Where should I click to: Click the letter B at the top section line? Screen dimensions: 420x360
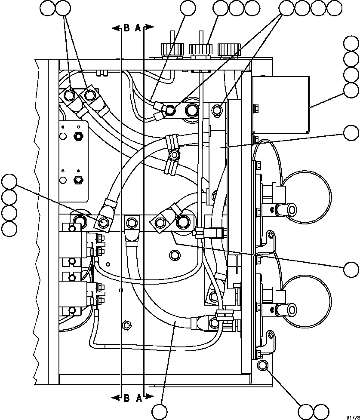pos(127,28)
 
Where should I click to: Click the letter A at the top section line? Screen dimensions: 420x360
pos(138,28)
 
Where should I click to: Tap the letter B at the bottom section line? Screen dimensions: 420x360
pos(127,398)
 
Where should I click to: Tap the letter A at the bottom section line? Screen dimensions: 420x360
pos(139,398)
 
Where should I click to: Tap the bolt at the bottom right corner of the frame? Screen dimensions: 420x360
pos(262,365)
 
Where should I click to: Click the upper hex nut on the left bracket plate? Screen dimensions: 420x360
pos(78,137)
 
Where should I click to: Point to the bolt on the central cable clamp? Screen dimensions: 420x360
pos(174,154)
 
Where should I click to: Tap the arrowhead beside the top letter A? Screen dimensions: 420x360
pos(150,28)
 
